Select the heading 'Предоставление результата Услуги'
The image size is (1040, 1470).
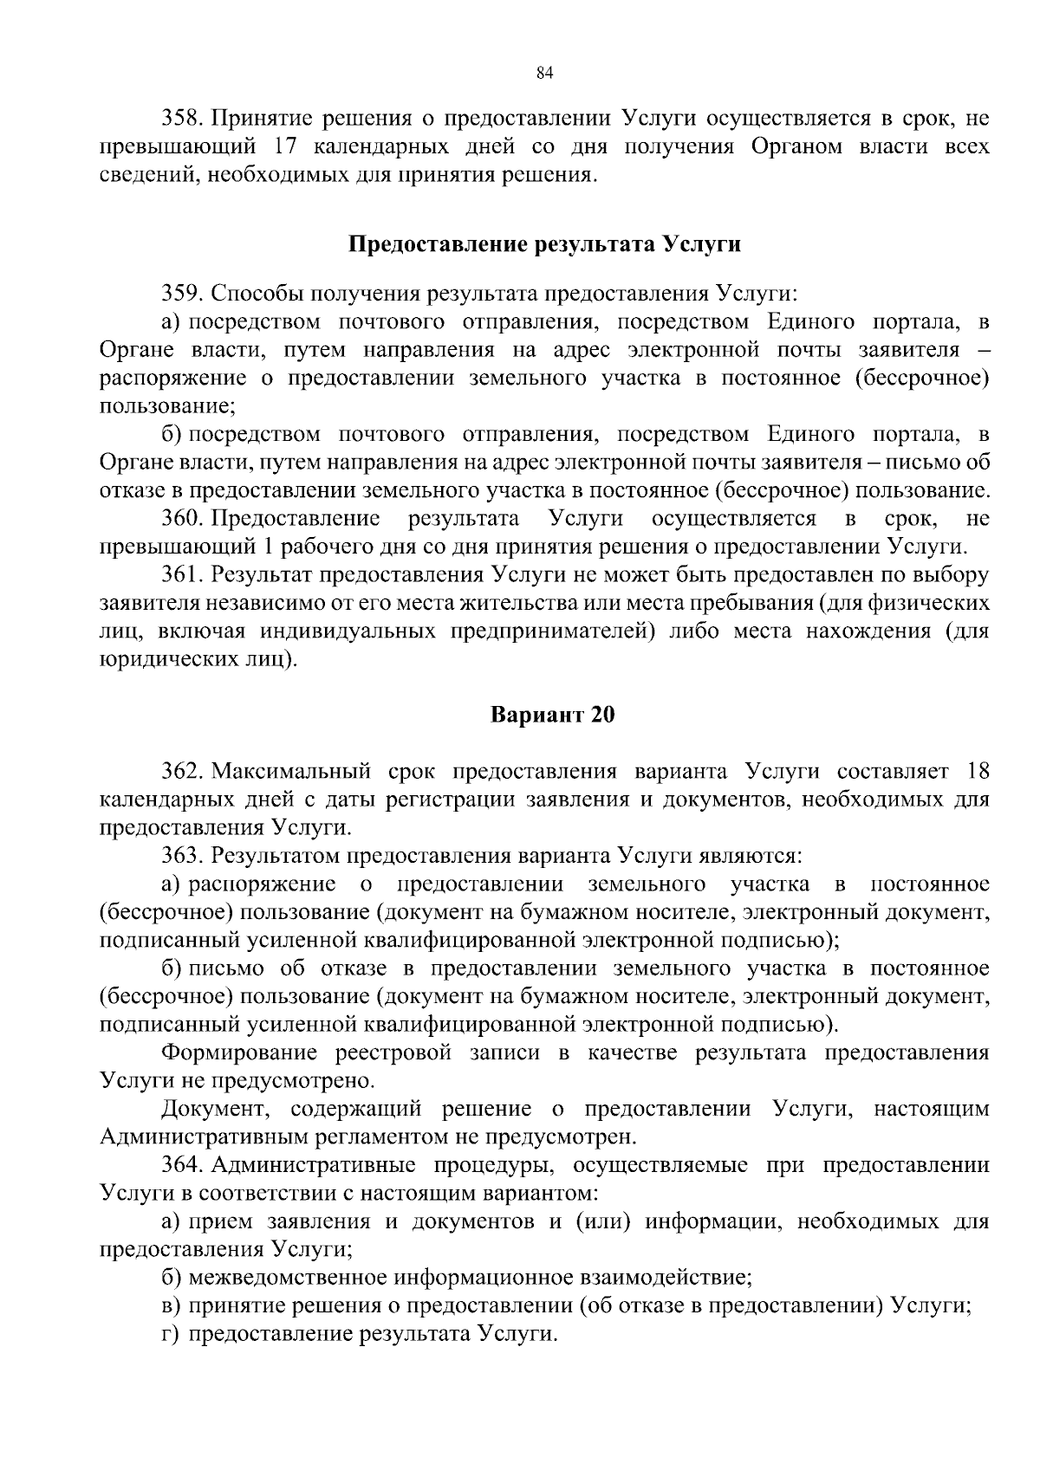[544, 245]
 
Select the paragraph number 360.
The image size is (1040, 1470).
[182, 520]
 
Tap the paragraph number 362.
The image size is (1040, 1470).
[182, 772]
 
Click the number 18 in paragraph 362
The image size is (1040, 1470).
[977, 772]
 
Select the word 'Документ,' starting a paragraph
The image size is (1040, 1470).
[215, 1110]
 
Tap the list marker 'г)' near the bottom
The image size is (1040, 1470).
[171, 1334]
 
